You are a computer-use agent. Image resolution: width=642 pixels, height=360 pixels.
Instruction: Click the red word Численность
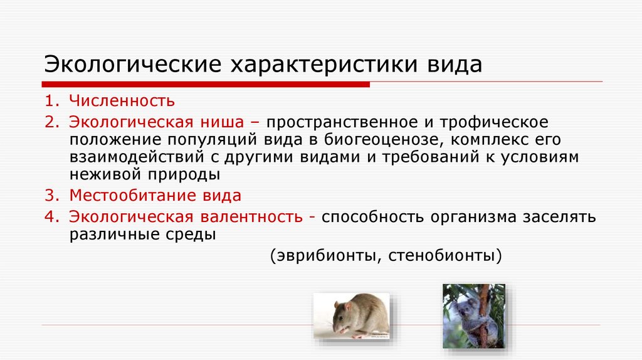(122, 101)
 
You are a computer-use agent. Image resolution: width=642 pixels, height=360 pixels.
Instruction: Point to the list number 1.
(50, 101)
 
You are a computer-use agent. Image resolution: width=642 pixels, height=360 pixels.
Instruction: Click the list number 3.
(50, 195)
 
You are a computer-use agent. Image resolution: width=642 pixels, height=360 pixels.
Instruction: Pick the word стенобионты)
(445, 256)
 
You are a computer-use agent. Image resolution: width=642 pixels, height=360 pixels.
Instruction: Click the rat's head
(342, 319)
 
